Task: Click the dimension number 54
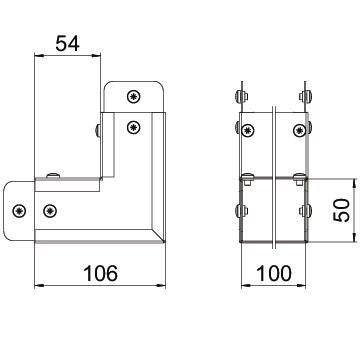pyautogui.click(x=68, y=44)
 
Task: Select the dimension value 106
pyautogui.click(x=100, y=273)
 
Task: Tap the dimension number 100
pyautogui.click(x=273, y=273)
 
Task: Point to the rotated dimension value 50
pyautogui.click(x=342, y=210)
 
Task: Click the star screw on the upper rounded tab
pyautogui.click(x=134, y=97)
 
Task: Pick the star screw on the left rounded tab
pyautogui.click(x=19, y=211)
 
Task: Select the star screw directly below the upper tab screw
pyautogui.click(x=134, y=127)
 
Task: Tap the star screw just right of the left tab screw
pyautogui.click(x=50, y=211)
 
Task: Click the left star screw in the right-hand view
pyautogui.click(x=247, y=130)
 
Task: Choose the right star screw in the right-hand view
pyautogui.click(x=299, y=130)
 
